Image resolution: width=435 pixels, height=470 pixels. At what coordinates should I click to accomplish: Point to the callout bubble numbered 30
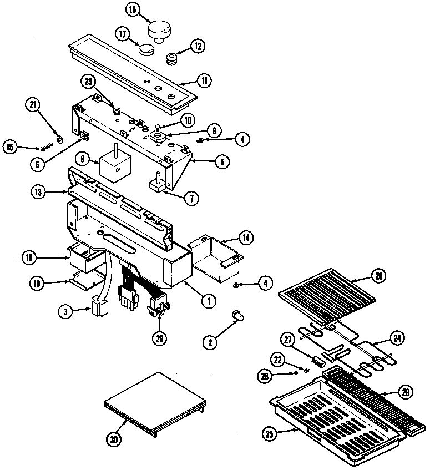tap(114, 439)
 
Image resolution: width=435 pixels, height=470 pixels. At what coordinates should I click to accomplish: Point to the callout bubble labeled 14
tap(246, 239)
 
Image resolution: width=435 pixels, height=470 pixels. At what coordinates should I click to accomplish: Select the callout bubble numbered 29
tap(405, 393)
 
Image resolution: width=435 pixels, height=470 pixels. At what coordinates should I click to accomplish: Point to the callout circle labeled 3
tap(65, 311)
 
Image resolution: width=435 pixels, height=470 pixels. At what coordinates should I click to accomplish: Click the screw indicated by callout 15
tap(45, 148)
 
